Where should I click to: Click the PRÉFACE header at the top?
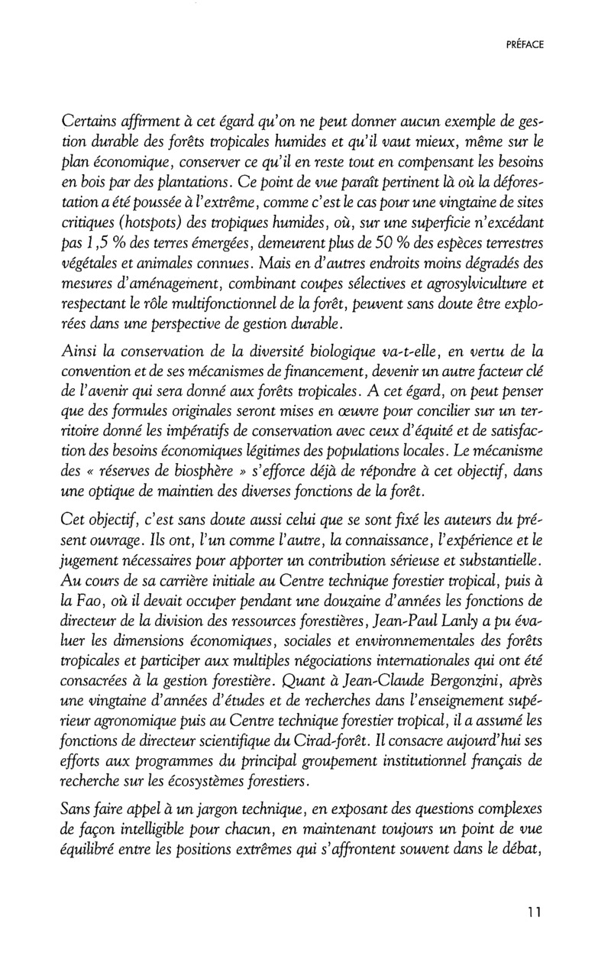(x=525, y=45)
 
